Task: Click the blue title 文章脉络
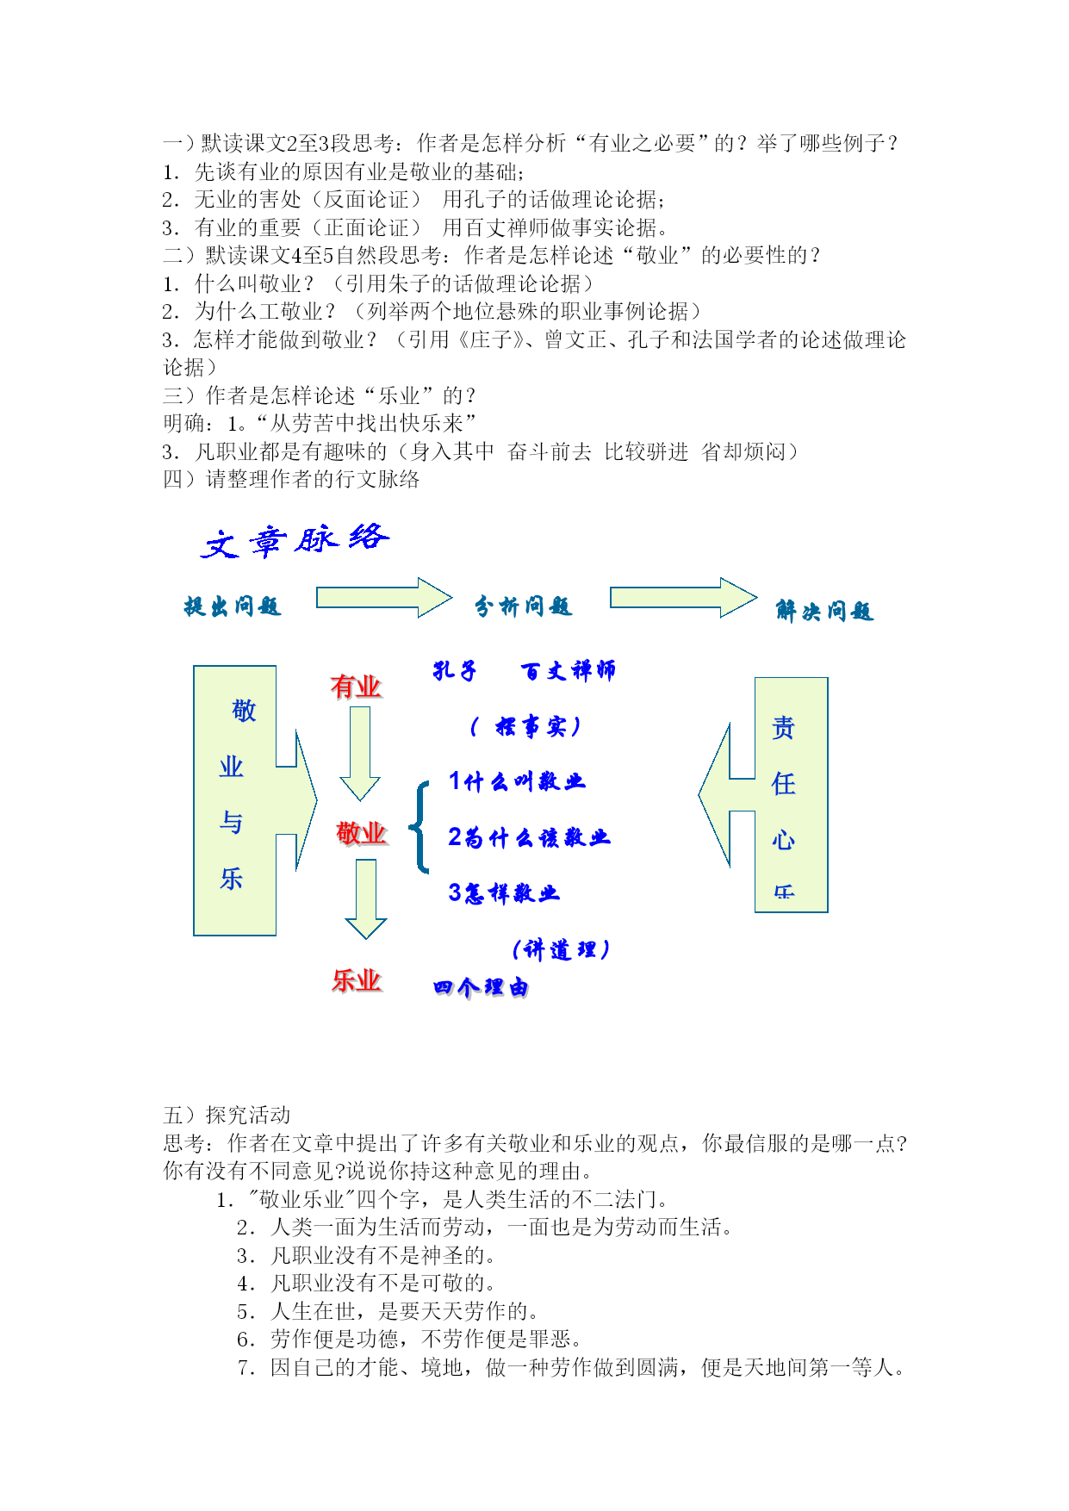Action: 295,541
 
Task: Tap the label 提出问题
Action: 233,606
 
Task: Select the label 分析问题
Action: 524,606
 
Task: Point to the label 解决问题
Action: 825,611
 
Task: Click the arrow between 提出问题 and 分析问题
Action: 384,598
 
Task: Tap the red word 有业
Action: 356,687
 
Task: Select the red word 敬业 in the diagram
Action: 362,833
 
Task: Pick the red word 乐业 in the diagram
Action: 357,980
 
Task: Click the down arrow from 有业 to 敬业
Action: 360,754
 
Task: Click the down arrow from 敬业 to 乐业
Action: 366,899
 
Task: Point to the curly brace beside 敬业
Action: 420,828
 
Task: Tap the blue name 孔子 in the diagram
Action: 455,670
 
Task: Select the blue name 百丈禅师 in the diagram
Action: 569,670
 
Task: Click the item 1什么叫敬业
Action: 517,781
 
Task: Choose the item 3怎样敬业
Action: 504,893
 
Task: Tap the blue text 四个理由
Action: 482,987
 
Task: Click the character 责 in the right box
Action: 783,728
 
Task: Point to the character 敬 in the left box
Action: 244,711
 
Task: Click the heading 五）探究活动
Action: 227,1116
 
